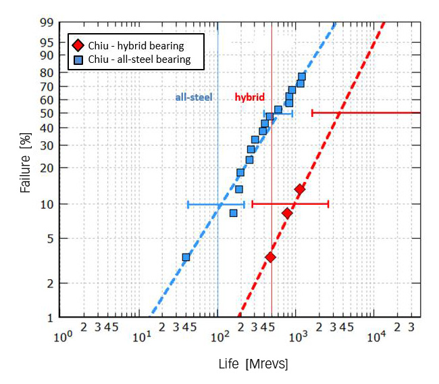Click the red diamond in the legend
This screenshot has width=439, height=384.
tap(78, 46)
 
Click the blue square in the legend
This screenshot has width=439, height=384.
tap(78, 59)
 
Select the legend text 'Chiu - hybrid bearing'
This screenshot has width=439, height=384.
tap(135, 46)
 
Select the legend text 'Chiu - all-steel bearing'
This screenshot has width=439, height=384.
tap(139, 59)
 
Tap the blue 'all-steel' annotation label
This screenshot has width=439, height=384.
tap(194, 97)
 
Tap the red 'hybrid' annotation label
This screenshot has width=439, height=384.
tap(249, 97)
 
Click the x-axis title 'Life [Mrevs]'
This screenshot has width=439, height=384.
tap(253, 364)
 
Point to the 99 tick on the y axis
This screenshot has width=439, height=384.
tap(47, 23)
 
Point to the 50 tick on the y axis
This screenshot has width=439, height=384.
tap(47, 113)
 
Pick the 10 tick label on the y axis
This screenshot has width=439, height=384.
tap(47, 204)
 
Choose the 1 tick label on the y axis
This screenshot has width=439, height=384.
tap(50, 317)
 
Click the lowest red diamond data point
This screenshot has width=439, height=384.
tap(270, 257)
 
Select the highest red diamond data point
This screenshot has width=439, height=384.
tap(299, 189)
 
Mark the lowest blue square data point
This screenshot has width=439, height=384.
tap(186, 258)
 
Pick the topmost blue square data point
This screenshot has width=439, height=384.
tap(301, 76)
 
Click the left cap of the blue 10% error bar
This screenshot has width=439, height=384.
tap(188, 204)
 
